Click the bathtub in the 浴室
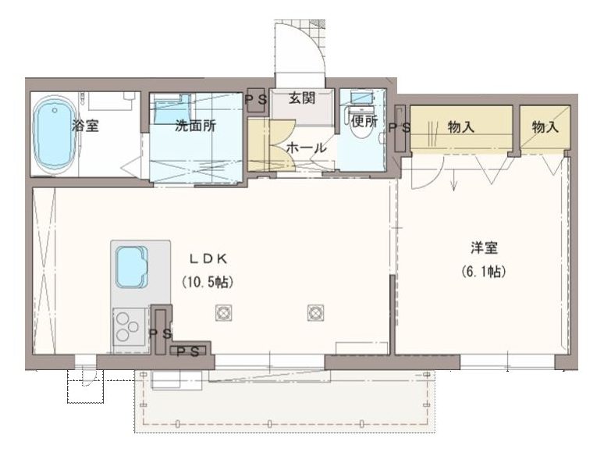(53, 135)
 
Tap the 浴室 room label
(86, 126)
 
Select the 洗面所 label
(195, 126)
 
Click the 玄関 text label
(302, 98)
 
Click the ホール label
(306, 148)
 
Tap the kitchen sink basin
(132, 267)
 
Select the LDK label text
(208, 258)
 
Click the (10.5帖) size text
(208, 282)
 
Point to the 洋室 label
(484, 248)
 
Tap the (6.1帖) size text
(483, 271)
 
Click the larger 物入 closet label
(461, 126)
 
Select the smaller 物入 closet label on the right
(545, 126)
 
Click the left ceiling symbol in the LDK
(224, 313)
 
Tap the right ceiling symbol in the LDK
(315, 313)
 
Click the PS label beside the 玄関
(257, 99)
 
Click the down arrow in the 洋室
(454, 180)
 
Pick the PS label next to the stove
(161, 333)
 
